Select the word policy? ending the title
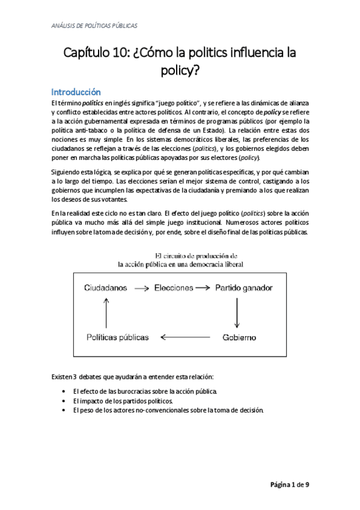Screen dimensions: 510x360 click(x=179, y=71)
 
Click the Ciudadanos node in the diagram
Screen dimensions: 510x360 click(x=106, y=288)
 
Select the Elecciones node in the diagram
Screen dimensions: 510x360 click(x=173, y=288)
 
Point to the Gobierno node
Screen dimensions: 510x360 click(x=240, y=337)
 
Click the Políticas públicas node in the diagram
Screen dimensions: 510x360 click(x=117, y=337)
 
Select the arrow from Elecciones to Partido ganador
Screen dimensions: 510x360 click(x=204, y=289)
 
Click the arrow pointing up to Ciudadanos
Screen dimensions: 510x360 click(x=106, y=312)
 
